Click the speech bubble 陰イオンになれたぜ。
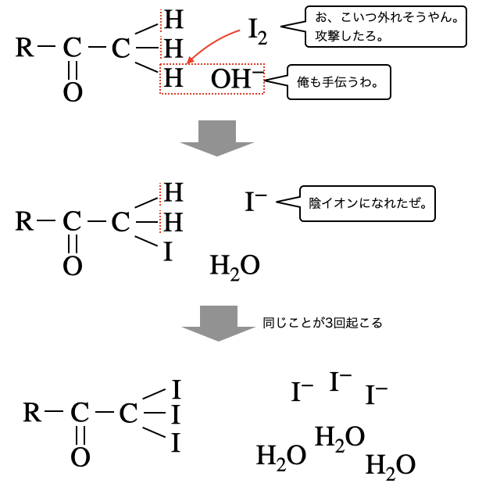coord(366,203)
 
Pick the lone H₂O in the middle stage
coord(234,266)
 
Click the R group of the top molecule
coord(25,48)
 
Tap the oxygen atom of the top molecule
coord(73,93)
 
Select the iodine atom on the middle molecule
coord(166,252)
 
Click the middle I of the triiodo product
coord(176,413)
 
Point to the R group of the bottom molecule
coord(32,412)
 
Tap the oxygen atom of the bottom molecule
coord(80,457)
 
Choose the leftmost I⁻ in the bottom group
coord(302,392)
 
